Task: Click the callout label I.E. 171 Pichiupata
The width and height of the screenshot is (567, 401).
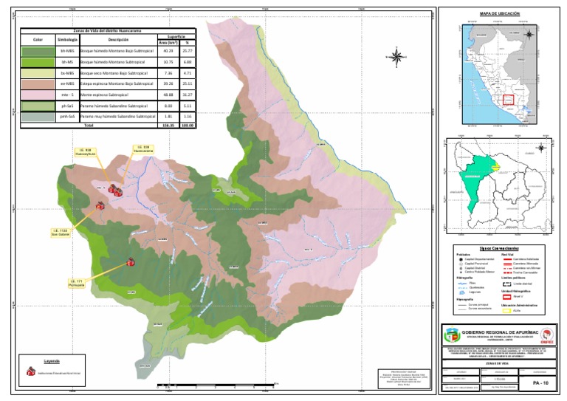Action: [76, 283]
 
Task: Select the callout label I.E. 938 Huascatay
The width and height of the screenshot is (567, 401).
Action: [87, 153]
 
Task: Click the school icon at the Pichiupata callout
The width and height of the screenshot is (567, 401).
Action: [130, 261]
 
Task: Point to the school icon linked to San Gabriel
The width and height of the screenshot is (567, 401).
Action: [100, 207]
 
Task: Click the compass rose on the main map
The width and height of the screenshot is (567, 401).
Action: [396, 56]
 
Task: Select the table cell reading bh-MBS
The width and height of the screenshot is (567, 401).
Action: [66, 50]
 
